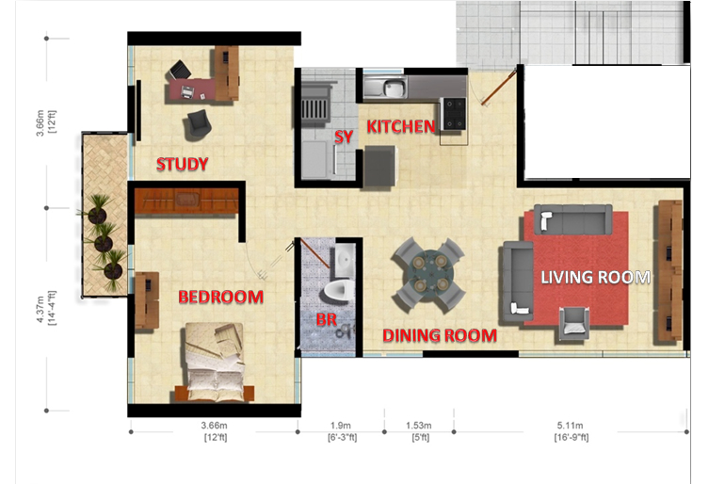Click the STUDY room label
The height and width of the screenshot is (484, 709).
(183, 164)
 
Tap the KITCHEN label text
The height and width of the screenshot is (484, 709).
(400, 127)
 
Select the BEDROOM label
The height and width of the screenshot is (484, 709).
(220, 297)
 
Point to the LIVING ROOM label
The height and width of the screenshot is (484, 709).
(595, 277)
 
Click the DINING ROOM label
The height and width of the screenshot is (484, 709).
(440, 335)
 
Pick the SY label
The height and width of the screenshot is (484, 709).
(344, 137)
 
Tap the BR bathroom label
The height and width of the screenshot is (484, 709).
(327, 319)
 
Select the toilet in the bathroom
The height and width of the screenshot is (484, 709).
(338, 291)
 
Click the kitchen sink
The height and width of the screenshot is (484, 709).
(385, 87)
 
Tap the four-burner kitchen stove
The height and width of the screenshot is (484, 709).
(454, 114)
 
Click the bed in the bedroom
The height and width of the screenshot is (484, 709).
(214, 363)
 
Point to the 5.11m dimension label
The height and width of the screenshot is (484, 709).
(572, 431)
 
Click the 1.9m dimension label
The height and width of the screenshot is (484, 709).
(342, 431)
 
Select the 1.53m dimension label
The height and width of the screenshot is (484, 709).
(419, 431)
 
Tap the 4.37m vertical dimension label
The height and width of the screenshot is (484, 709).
(46, 308)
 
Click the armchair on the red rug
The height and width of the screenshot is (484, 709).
(573, 323)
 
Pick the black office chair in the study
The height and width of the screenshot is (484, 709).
(180, 70)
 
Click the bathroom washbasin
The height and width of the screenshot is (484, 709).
(345, 261)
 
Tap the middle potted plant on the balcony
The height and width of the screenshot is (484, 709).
(104, 239)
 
